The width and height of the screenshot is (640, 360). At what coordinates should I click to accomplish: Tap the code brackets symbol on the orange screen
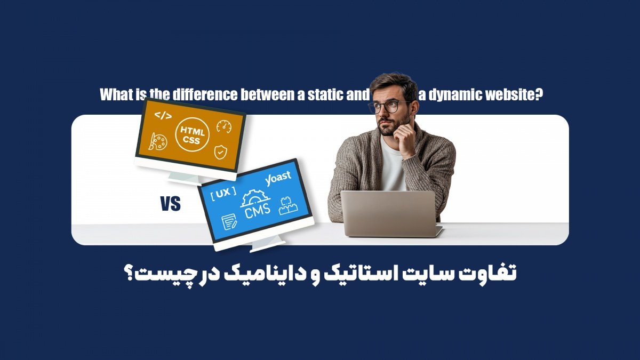[x=163, y=115]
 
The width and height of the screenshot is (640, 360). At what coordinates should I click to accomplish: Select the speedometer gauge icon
[x=223, y=127]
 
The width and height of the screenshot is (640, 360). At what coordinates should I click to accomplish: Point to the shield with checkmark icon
[x=220, y=152]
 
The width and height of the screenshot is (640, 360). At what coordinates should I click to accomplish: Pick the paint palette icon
[x=157, y=142]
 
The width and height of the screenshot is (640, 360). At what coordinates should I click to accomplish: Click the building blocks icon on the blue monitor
[x=288, y=206]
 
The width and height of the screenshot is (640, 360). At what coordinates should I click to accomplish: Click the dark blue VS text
[x=170, y=204]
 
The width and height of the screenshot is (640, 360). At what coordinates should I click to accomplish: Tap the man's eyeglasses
[x=389, y=106]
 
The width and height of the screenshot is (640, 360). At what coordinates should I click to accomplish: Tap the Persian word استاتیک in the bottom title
[x=355, y=274]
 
